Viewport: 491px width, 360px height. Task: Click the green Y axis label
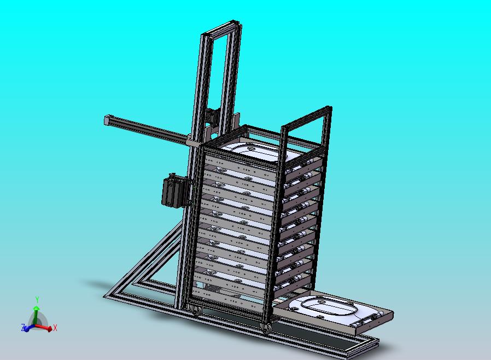pos(37,299)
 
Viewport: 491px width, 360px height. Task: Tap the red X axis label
pos(55,328)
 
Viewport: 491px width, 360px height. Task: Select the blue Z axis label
pos(23,328)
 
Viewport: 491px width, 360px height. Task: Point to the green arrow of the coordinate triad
pos(36,315)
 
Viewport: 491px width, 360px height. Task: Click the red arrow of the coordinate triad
pos(44,327)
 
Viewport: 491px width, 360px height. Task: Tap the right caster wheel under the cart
pos(266,328)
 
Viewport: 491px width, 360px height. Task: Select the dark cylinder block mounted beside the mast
pos(175,191)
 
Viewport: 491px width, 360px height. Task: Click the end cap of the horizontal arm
pos(107,120)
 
